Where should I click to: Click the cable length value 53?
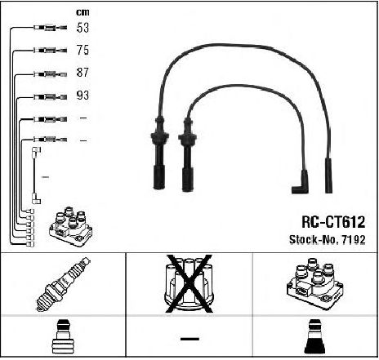click(x=82, y=28)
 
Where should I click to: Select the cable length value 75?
click(x=82, y=50)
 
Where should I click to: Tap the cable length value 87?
click(x=82, y=73)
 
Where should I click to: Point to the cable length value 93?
click(x=82, y=95)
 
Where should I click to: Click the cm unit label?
click(x=82, y=12)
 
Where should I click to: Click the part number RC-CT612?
click(x=333, y=222)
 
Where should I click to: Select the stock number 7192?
click(x=354, y=239)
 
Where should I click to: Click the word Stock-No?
click(x=314, y=239)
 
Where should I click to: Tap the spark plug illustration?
click(x=63, y=284)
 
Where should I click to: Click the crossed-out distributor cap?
click(x=189, y=283)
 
